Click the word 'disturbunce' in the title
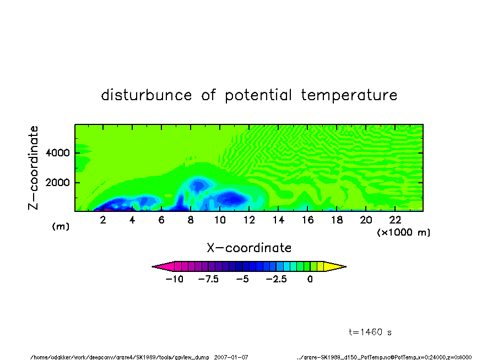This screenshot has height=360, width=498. tap(147, 95)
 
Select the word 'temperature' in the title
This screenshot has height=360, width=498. tap(349, 95)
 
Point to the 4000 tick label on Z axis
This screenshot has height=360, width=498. tap(57, 152)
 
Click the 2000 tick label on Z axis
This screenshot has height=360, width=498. tap(57, 183)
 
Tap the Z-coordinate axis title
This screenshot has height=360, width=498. tap(33, 168)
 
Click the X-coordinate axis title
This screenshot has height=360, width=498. tap(249, 248)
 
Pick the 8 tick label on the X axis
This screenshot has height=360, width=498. tap(191, 220)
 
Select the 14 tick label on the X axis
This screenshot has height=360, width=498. tap(278, 220)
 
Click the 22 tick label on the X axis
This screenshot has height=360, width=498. tap(395, 220)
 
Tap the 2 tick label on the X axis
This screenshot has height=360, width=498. tap(103, 220)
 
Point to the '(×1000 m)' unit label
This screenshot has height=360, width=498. tap(403, 232)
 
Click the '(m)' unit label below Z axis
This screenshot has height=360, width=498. tap(61, 226)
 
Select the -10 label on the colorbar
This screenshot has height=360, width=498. tap(175, 279)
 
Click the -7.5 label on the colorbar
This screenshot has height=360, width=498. tap(208, 279)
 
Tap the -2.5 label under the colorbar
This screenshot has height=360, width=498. tap(276, 279)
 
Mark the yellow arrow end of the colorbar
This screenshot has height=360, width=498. tap(335, 266)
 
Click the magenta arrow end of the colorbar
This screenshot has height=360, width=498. tap(163, 266)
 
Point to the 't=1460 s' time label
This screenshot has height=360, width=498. tap(370, 332)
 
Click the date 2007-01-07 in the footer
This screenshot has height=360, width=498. tap(231, 357)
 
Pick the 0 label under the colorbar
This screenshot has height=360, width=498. tap(310, 279)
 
